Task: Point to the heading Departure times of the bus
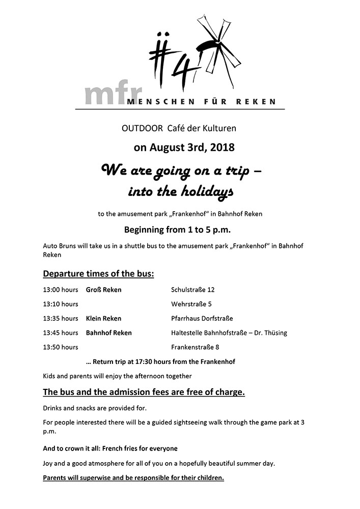pos(98,274)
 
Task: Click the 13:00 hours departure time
pos(61,290)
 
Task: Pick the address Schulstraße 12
pos(193,290)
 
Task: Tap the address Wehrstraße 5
pos(191,304)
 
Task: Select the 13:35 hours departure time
pos(61,319)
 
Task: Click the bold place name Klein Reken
pos(104,319)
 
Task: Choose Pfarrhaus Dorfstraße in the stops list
pos(202,319)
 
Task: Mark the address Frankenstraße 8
pos(196,347)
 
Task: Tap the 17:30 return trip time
pos(150,362)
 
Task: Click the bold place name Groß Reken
pos(104,290)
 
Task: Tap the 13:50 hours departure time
pos(61,347)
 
